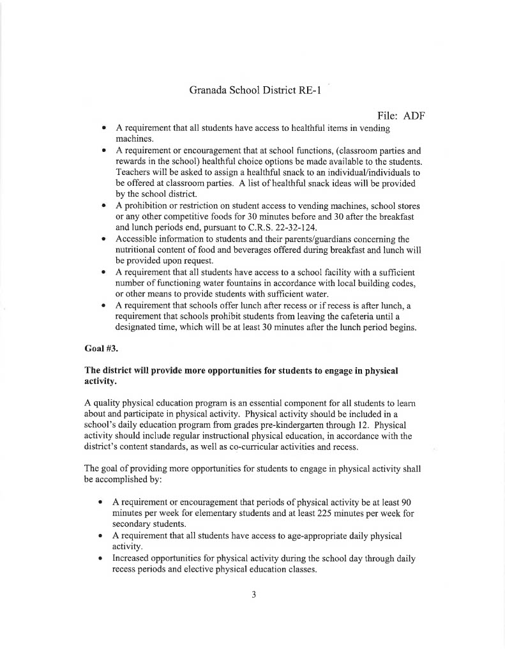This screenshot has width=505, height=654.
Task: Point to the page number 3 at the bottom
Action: pos(253,595)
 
